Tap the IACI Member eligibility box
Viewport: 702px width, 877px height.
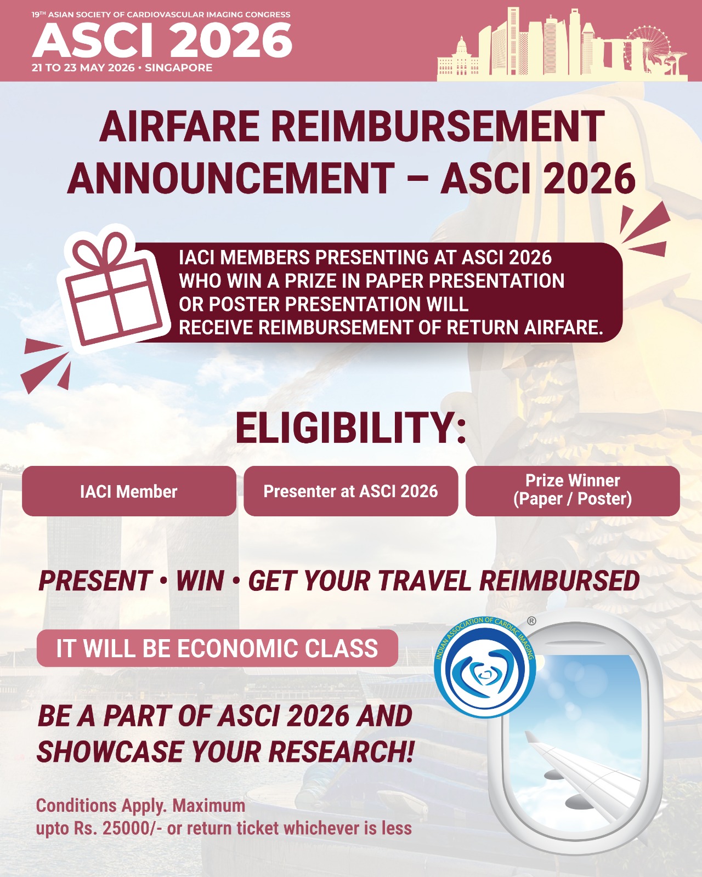pos(129,491)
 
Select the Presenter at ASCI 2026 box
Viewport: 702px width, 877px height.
pos(351,491)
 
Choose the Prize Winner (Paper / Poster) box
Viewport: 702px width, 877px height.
pos(573,491)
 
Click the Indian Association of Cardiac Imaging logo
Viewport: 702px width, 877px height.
pos(485,667)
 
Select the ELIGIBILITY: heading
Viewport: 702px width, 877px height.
pos(351,428)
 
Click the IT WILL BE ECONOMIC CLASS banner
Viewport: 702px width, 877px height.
pos(217,648)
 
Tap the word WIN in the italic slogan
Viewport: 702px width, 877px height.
pos(200,580)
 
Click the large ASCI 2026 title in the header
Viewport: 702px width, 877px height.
pos(162,40)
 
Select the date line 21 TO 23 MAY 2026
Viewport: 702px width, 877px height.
pos(83,67)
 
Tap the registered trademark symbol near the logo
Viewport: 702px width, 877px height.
pos(531,621)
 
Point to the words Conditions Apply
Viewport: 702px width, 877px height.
pos(101,806)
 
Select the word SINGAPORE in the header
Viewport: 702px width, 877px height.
pos(179,67)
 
